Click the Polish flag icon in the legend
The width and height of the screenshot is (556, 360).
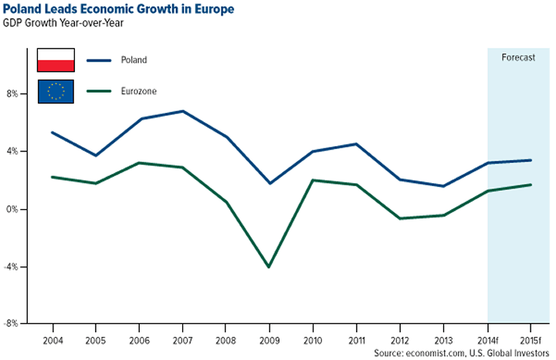(56, 59)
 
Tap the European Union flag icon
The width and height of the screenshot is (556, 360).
(56, 91)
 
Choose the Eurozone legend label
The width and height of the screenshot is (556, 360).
(137, 91)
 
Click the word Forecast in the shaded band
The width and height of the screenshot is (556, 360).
(518, 57)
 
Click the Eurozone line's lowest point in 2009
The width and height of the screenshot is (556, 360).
(268, 267)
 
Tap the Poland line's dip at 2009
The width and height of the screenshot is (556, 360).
(268, 183)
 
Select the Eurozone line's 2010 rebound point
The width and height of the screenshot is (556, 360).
(312, 180)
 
